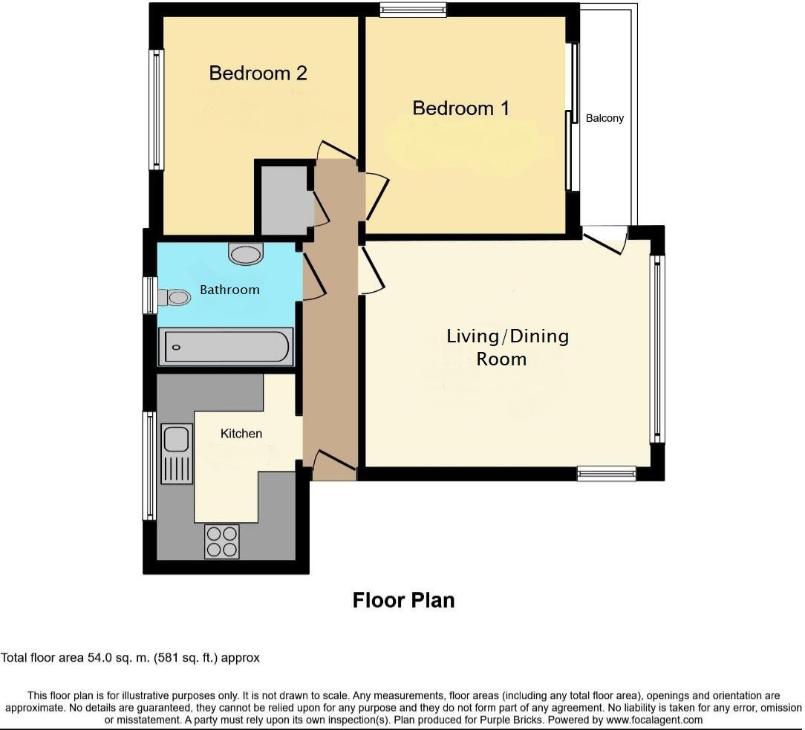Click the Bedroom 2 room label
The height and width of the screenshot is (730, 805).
(258, 73)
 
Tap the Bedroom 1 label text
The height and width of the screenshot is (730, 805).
(460, 108)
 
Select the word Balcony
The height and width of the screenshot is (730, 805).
(604, 118)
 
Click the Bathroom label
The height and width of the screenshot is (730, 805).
(229, 290)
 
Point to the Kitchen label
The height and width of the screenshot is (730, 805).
(241, 433)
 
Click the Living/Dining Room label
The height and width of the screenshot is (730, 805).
(507, 347)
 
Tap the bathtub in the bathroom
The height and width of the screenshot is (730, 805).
(226, 347)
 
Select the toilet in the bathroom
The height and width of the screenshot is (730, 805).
(175, 298)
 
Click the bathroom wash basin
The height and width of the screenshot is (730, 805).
(246, 254)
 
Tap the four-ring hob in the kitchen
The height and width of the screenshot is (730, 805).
(221, 541)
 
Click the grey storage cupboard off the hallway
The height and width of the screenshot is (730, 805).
(283, 198)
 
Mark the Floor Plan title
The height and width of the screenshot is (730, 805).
(403, 600)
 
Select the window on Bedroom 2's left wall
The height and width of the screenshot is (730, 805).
(156, 109)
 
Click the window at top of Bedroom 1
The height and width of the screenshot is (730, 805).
(413, 10)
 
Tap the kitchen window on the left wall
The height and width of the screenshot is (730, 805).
(149, 466)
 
